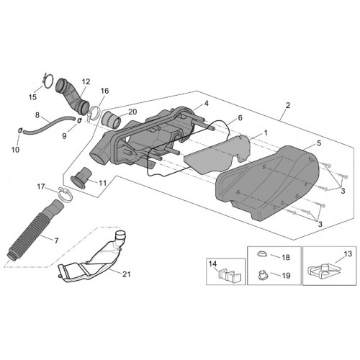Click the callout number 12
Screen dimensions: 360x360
86,81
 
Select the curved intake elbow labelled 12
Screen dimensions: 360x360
72,96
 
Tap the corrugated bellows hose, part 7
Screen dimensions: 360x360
35,230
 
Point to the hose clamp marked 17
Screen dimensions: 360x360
65,194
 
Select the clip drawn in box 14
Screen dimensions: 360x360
229,274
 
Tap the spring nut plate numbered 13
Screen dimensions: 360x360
323,272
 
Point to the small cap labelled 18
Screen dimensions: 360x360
262,253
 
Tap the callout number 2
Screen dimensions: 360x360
288,105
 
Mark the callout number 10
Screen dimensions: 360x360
15,150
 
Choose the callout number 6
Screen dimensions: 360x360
240,117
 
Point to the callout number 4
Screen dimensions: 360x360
207,104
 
